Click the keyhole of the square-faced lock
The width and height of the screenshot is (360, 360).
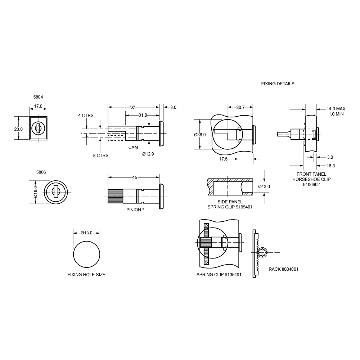coord(38,129)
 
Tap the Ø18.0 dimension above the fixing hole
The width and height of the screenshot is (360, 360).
coord(86,232)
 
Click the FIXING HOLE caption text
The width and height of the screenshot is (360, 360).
coord(87,275)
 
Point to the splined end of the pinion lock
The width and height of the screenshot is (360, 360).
coord(115,197)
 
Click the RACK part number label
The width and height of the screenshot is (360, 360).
coord(283,269)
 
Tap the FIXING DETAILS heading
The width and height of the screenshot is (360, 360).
coord(278,84)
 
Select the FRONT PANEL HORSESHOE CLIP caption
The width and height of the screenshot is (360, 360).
coord(311,179)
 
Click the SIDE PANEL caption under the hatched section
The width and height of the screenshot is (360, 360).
coord(229,204)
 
